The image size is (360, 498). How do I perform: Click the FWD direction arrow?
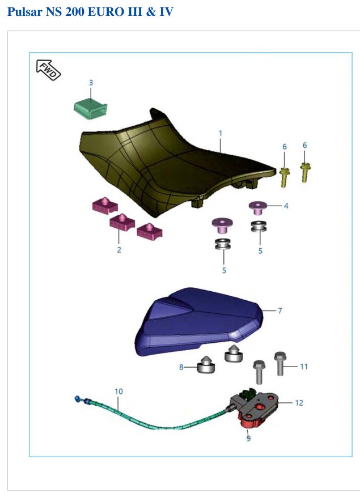click(48, 70)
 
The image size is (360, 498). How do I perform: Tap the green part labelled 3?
click(90, 109)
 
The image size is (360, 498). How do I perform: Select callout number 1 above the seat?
click(220, 133)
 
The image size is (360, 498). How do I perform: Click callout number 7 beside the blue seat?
click(279, 310)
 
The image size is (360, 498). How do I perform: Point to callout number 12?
click(299, 403)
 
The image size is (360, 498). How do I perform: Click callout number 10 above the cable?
click(118, 391)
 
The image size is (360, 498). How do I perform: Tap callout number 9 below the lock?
click(248, 439)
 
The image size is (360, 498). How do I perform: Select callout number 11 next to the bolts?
click(304, 367)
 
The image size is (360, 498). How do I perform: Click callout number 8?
click(181, 367)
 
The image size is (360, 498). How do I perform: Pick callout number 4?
click(286, 206)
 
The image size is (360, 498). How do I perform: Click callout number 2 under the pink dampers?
click(119, 250)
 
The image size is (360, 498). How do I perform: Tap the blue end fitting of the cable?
click(77, 398)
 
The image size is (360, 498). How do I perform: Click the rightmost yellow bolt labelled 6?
click(305, 172)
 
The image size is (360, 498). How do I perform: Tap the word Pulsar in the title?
click(25, 12)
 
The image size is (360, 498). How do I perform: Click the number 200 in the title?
click(75, 12)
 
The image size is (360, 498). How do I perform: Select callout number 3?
click(91, 83)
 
